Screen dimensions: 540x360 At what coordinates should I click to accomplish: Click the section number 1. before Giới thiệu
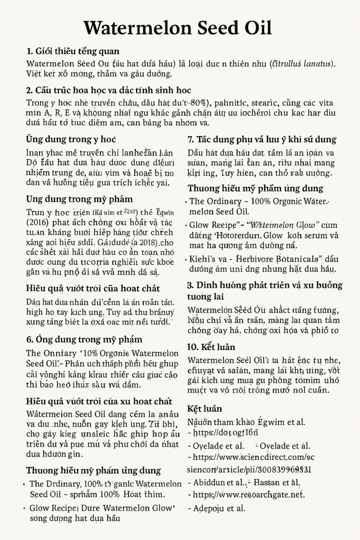[x=30, y=51]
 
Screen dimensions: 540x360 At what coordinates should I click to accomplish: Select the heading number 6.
[x=30, y=339]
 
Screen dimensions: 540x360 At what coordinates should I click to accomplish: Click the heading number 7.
[x=191, y=140]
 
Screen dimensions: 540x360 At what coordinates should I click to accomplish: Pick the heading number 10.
[x=194, y=347]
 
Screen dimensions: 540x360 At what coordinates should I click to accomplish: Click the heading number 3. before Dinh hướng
[x=191, y=285]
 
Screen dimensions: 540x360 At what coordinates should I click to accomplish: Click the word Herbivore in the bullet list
[x=255, y=259]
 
